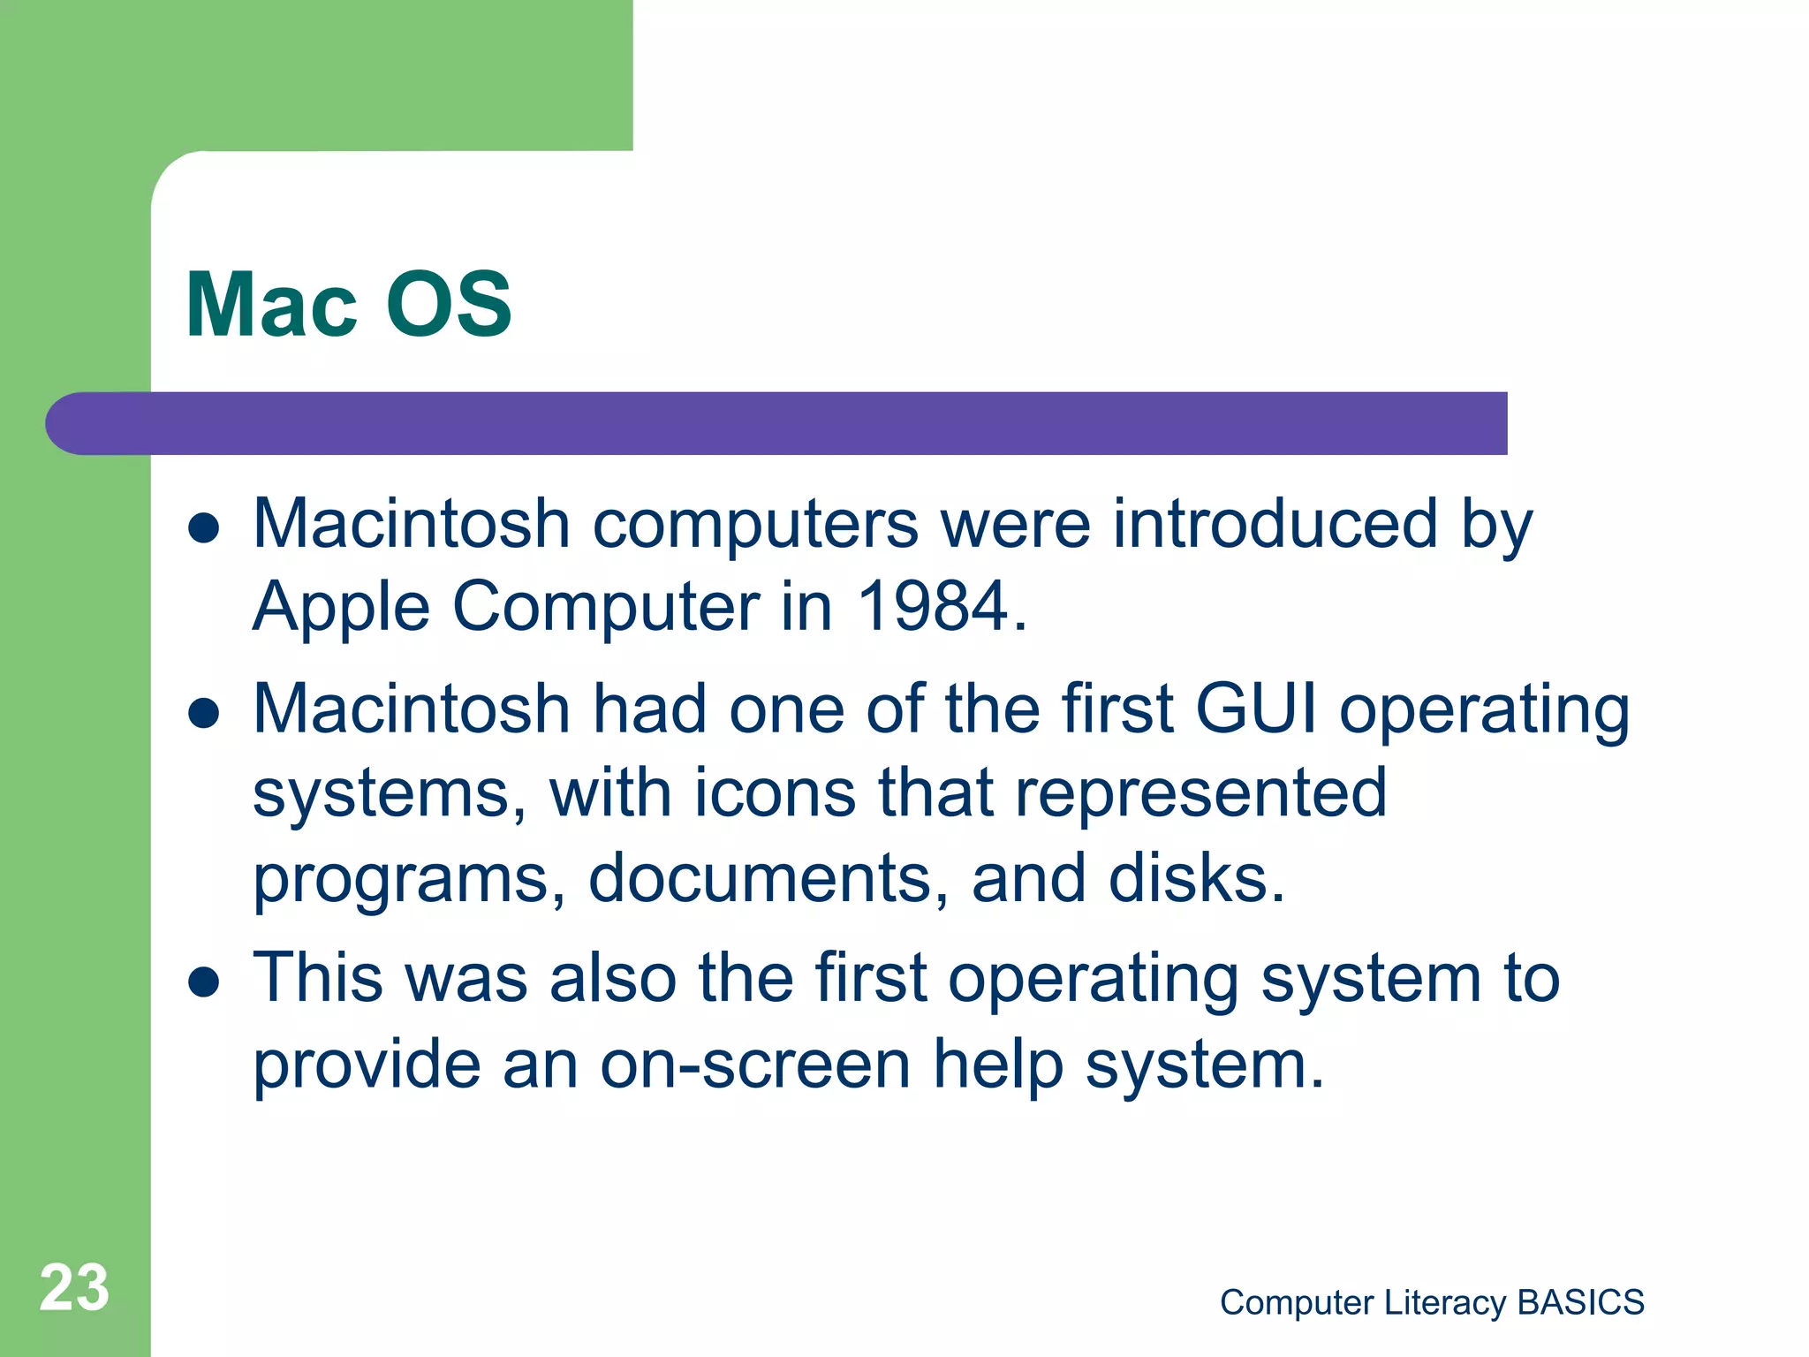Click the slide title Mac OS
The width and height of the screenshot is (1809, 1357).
[x=348, y=304]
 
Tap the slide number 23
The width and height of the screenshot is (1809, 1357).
[x=74, y=1288]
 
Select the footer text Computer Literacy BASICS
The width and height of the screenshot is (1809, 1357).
[x=1432, y=1302]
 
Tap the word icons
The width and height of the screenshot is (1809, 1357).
[x=775, y=792]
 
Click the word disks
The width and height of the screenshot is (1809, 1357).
[x=1196, y=878]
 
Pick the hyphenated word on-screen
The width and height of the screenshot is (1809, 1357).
[x=755, y=1064]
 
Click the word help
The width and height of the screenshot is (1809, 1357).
[x=998, y=1064]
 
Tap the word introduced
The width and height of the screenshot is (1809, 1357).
[x=1275, y=524]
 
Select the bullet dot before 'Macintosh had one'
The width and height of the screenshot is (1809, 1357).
[x=204, y=712]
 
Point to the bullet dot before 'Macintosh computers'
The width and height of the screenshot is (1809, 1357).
[x=204, y=527]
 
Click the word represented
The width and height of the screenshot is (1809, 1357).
[x=1200, y=792]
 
